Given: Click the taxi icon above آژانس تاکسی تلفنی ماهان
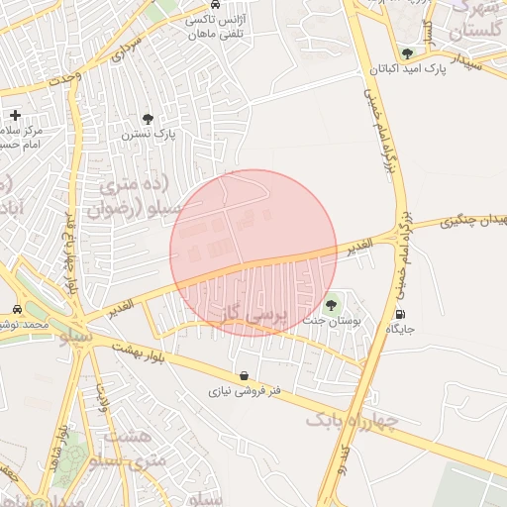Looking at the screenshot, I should pos(216,3).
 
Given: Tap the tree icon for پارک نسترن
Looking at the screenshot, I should pos(148,119).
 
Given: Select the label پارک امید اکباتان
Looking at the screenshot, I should pos(404,69).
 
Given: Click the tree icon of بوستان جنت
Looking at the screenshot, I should pos(330,304).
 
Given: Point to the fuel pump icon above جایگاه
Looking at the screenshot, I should pos(399,314).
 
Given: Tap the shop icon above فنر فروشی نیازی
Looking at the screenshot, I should pos(244,376).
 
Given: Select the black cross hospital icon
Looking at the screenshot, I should pos(15,116).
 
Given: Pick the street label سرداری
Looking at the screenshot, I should pos(127,50).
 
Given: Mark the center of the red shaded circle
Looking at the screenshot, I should pos(253,253).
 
